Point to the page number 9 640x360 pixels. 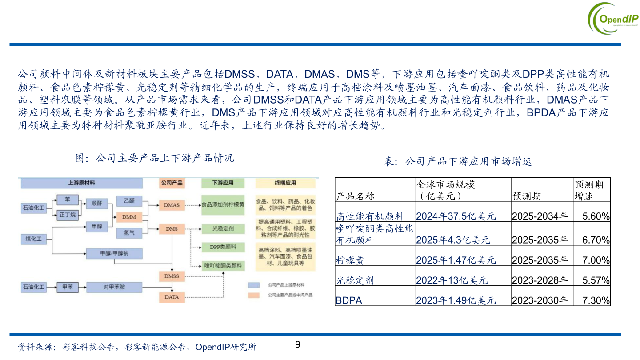coord(298,344)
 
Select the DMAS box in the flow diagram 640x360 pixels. coord(172,205)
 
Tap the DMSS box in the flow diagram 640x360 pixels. coord(172,276)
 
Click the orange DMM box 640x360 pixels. coord(129,217)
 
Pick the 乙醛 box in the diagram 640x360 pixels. coord(129,201)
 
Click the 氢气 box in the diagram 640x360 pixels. coord(129,232)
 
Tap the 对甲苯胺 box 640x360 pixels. coord(114,287)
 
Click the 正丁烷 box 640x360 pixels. coord(68,215)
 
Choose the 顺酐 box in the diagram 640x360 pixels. coord(96,203)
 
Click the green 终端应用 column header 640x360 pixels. coord(285,183)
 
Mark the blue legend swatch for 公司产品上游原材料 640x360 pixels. coord(254,284)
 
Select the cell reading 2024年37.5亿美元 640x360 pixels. coord(456,216)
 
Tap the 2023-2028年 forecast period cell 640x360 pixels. coord(540,280)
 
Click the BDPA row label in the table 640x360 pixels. coord(349,300)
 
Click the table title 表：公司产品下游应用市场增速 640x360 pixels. coord(458,161)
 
